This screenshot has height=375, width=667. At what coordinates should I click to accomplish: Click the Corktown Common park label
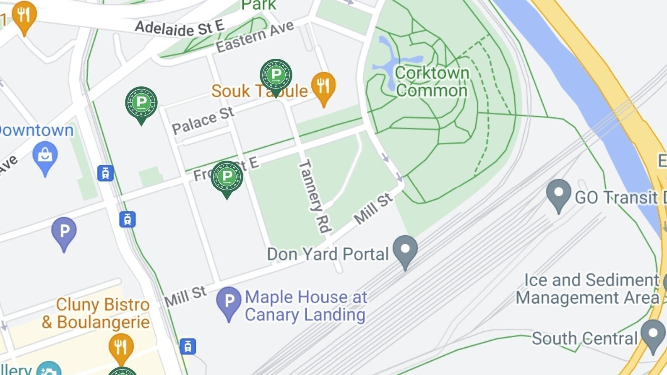coord(432,82)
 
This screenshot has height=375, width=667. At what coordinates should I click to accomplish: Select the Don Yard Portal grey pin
coord(405,250)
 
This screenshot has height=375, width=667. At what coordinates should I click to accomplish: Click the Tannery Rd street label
coord(314,195)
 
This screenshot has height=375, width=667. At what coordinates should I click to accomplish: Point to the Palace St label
coord(203,120)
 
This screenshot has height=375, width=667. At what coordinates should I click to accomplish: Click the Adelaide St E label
coord(180,28)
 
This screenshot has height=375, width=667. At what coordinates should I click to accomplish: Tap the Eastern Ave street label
coord(255,37)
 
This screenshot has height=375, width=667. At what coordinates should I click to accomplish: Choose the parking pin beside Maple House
coord(229,302)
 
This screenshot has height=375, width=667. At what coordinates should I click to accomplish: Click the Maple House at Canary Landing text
coord(306,306)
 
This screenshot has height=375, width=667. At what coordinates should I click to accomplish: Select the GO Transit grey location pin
coord(559,194)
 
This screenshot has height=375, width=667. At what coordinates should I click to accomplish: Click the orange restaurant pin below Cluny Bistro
coord(121,348)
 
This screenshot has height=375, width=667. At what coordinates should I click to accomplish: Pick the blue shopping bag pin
coord(45,157)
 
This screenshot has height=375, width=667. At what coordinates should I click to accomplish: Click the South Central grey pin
coord(653,335)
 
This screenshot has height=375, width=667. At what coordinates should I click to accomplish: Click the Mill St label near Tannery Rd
coord(373,209)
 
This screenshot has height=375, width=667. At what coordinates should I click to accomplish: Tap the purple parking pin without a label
coord(64,232)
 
